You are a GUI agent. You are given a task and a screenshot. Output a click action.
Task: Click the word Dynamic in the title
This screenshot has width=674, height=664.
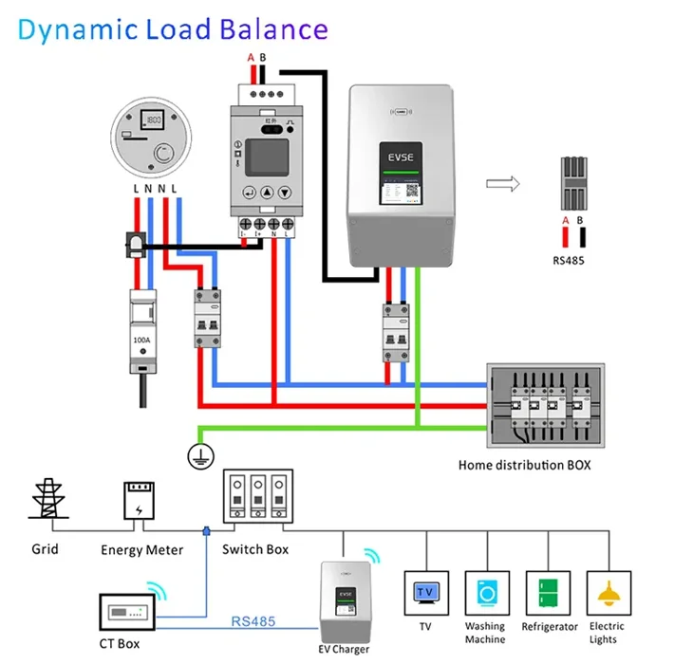click(x=75, y=29)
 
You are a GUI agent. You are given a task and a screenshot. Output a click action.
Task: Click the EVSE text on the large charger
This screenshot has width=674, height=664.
click(x=400, y=157)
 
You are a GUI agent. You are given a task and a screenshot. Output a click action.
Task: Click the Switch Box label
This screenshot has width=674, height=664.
click(x=255, y=549)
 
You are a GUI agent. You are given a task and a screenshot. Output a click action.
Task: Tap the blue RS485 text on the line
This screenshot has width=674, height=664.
click(x=253, y=622)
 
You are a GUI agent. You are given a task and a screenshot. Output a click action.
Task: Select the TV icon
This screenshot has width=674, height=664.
click(x=424, y=593)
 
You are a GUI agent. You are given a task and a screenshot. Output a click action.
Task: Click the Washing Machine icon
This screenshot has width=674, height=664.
click(x=485, y=593)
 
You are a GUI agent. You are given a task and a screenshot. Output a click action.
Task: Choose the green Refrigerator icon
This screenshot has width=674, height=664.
click(x=547, y=593)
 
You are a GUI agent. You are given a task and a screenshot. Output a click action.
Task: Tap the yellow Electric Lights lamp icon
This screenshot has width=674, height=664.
click(x=608, y=594)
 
